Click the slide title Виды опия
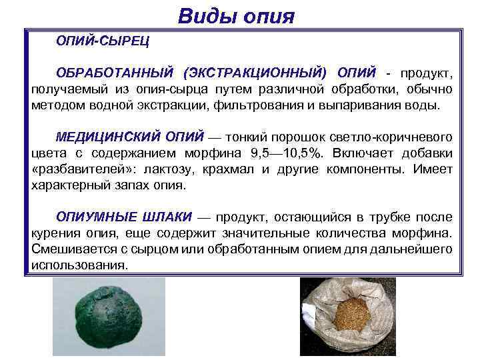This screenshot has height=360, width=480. (236, 14)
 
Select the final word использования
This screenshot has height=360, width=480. (79, 265)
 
